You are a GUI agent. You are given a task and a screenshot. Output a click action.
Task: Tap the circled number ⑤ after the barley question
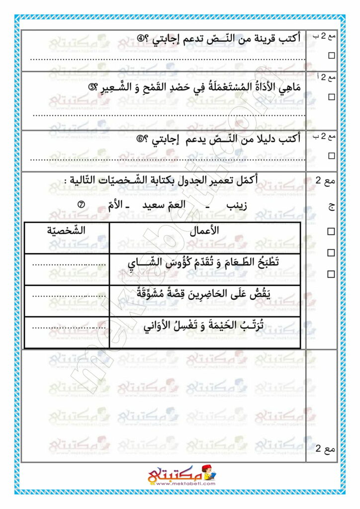(92, 88)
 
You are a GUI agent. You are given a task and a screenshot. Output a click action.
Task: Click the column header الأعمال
(204, 231)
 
